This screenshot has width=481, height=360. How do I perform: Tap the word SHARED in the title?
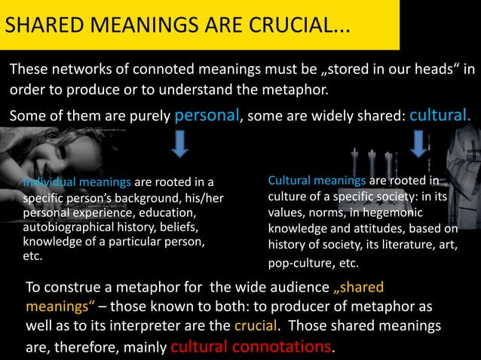[41, 26]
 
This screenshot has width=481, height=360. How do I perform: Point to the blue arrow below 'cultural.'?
[419, 143]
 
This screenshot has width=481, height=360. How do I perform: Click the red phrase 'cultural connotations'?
[251, 346]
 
